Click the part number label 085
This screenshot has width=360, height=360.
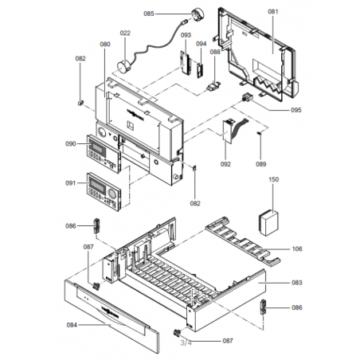(149, 14)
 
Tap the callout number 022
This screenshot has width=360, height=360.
(125, 33)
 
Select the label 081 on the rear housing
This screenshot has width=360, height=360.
(273, 11)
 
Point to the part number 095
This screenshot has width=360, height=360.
(296, 110)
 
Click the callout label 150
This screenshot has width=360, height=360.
(273, 179)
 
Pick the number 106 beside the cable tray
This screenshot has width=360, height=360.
(297, 249)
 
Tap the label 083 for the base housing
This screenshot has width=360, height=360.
(297, 283)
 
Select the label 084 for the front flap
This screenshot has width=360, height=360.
(72, 325)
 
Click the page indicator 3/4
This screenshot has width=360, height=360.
(186, 342)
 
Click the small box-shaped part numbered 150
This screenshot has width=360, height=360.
(268, 223)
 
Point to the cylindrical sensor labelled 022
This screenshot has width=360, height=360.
(123, 66)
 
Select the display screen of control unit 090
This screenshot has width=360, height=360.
(98, 146)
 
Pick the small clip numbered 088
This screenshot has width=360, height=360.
(213, 86)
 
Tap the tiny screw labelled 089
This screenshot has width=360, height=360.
(260, 133)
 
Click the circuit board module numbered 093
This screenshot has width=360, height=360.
(186, 63)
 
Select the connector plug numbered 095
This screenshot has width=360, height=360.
(246, 97)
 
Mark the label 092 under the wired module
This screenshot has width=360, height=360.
(225, 164)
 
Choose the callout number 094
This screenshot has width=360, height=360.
(202, 44)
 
